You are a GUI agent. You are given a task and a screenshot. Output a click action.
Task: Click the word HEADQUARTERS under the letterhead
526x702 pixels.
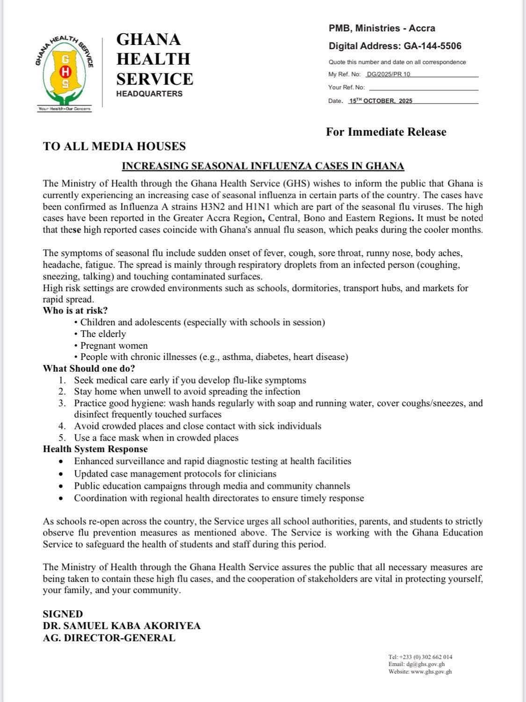click(149, 94)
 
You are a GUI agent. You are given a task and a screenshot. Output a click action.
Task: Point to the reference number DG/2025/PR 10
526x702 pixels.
click(389, 74)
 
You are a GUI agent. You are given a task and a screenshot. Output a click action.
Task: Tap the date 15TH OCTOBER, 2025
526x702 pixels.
click(381, 101)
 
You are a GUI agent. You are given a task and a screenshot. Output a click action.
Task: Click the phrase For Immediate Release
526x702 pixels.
click(386, 132)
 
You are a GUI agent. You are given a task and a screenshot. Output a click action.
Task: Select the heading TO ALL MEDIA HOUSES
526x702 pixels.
click(114, 146)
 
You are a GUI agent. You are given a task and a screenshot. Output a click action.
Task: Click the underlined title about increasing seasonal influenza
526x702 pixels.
click(263, 166)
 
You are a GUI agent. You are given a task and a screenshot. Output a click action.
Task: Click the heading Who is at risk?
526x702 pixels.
click(75, 311)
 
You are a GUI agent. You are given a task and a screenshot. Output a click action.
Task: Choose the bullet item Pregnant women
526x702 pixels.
click(114, 346)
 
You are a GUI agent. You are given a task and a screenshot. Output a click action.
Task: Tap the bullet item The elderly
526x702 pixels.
click(103, 334)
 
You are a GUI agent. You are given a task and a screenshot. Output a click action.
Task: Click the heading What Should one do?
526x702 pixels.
click(89, 369)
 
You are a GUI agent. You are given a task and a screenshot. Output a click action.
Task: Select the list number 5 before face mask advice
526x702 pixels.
click(62, 438)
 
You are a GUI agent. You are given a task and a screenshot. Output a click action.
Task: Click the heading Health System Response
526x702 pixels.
click(95, 449)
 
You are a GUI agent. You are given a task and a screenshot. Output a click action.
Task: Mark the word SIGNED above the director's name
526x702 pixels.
click(63, 614)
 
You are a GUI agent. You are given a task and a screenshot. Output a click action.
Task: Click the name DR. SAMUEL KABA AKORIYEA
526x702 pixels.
click(122, 626)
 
